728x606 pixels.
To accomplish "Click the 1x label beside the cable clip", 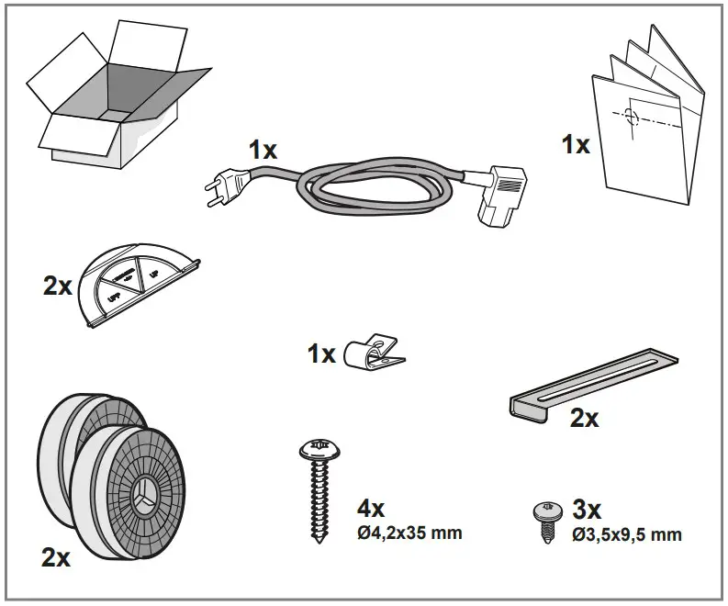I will (321, 353).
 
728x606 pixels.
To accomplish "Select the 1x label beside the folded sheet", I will (576, 144).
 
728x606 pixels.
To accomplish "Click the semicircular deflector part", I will (138, 280).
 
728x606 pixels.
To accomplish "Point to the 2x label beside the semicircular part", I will (57, 286).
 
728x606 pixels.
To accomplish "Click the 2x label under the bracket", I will (584, 419).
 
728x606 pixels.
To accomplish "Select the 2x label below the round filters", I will (56, 557).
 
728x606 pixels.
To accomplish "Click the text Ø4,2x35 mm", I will (409, 533).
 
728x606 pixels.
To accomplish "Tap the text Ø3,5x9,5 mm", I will (626, 534).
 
